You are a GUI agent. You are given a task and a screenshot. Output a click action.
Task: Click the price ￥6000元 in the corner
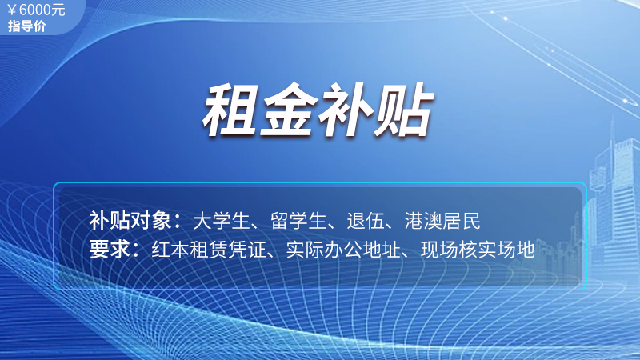coord(36,10)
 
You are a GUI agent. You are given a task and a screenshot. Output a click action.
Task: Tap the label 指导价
coord(27,26)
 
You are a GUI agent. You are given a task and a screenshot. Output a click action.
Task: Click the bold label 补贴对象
coord(130,221)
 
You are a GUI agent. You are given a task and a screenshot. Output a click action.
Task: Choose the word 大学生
coord(221,221)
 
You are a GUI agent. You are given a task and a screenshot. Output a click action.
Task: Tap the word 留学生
coord(298,221)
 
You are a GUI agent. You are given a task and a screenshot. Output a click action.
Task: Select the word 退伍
coord(366,221)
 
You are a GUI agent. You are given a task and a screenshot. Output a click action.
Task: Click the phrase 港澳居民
coord(442,221)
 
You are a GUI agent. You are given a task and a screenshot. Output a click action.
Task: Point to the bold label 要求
coord(110,249)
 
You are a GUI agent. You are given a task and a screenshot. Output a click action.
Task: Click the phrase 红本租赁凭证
coord(209,249)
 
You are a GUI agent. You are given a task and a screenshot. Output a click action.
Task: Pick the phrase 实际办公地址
coord(343,249)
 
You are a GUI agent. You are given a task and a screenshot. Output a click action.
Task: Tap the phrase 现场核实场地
coord(478,249)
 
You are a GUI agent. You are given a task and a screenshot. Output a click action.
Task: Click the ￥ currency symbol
coord(12,10)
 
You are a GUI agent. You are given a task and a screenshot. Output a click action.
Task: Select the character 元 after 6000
coord(58,10)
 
